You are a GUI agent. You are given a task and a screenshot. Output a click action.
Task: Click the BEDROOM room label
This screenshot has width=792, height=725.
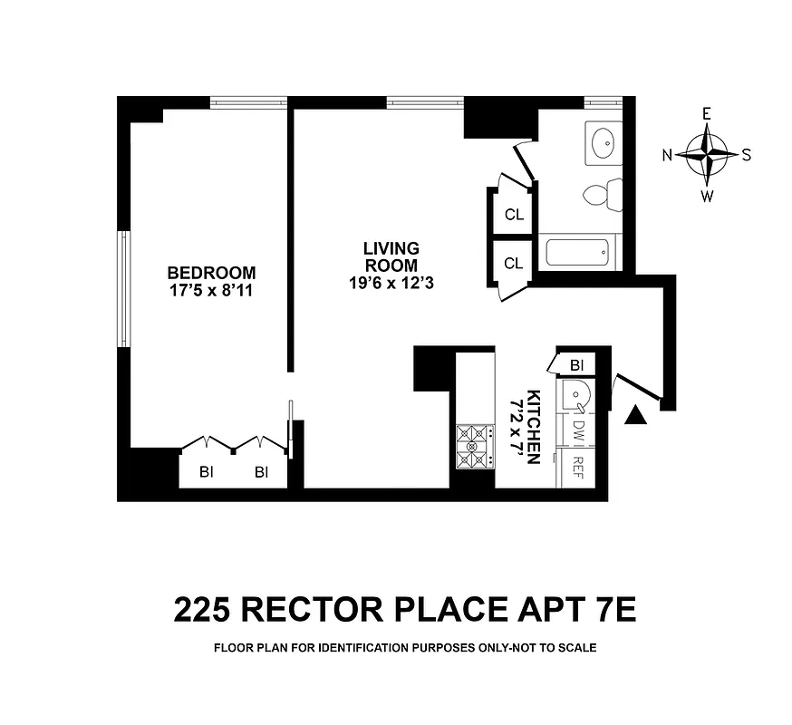(x=211, y=272)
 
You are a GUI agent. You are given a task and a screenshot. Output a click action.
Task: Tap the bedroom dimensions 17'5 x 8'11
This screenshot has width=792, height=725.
(x=211, y=290)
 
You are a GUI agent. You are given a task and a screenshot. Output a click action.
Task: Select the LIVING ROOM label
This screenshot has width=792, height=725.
(x=391, y=256)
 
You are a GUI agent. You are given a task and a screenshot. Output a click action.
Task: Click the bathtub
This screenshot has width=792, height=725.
(x=578, y=252)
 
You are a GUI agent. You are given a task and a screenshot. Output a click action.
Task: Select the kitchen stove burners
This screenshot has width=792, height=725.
(x=473, y=447)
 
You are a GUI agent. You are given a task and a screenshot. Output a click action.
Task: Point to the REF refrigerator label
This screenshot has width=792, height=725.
(x=576, y=467)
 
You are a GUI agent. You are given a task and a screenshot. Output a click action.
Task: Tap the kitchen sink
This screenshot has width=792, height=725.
(x=574, y=394)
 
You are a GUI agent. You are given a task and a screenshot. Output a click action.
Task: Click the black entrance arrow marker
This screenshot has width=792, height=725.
(x=638, y=415)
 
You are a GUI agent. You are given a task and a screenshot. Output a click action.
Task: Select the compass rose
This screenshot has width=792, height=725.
(x=707, y=154)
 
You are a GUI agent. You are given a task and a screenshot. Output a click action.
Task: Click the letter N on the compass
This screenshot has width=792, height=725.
(x=667, y=155)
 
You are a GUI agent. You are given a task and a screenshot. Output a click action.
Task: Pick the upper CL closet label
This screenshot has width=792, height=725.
(x=514, y=215)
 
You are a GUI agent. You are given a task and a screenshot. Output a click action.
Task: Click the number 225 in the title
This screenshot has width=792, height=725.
(x=206, y=609)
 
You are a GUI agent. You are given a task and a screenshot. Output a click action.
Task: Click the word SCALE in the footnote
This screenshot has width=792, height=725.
(x=574, y=648)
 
